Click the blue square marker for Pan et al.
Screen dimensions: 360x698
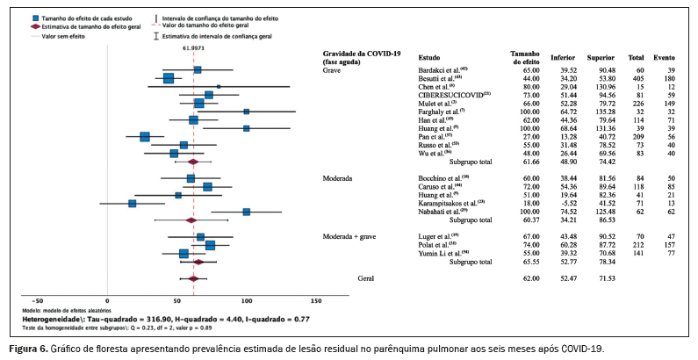pos(145,136)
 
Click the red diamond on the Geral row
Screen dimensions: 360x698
pos(193,278)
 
